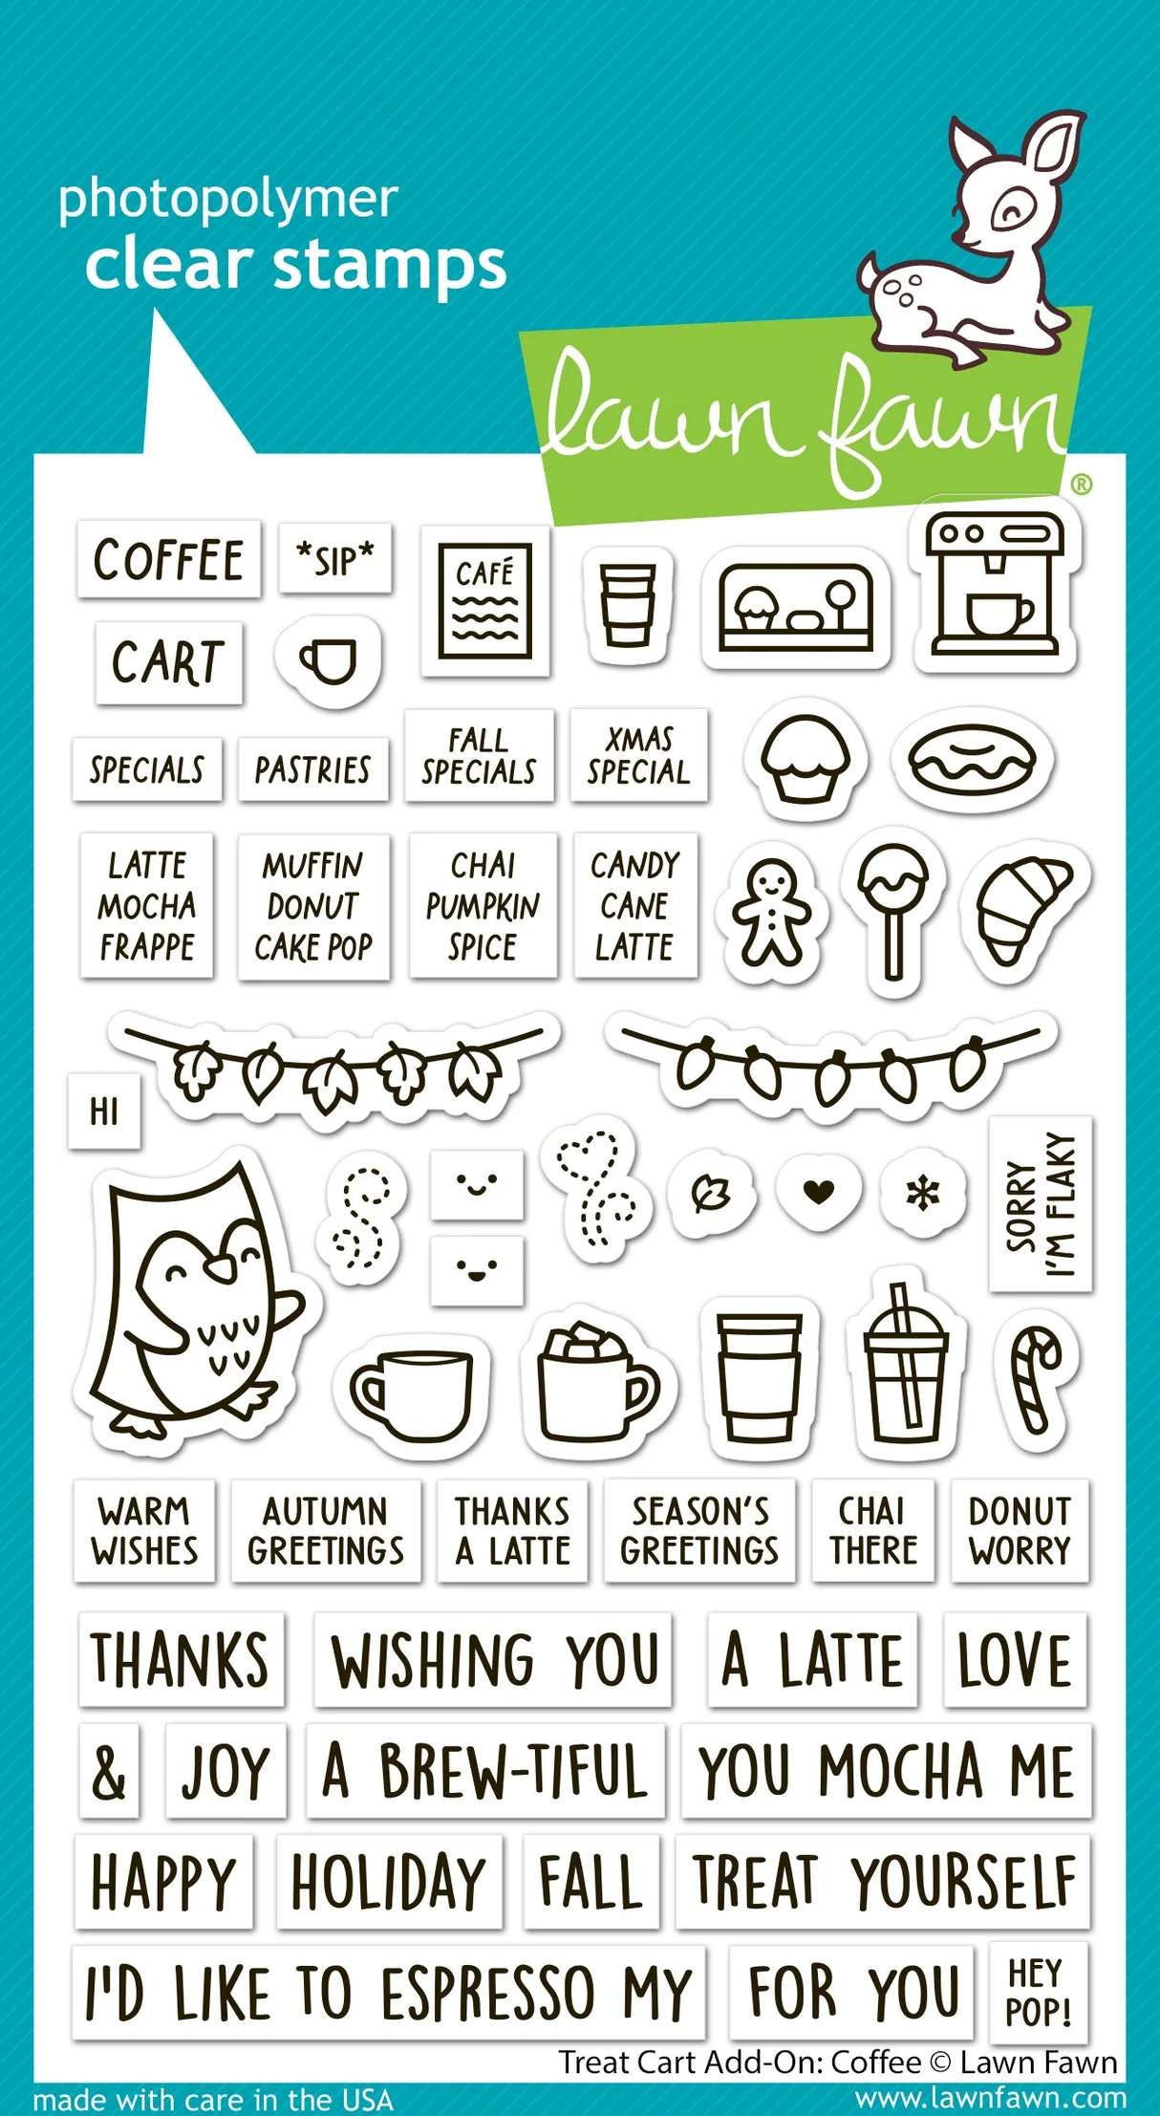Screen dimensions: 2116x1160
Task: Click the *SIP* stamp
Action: pos(335,559)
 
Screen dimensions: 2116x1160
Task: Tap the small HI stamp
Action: pos(104,1112)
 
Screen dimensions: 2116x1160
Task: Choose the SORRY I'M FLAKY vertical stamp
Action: pos(1041,1203)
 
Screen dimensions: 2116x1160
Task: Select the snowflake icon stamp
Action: pos(923,1192)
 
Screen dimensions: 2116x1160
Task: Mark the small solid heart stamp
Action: pos(819,1191)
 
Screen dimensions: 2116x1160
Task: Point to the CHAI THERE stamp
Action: pos(873,1530)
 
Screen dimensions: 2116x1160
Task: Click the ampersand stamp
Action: pos(109,1771)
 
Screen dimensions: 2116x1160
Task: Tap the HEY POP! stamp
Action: pos(1039,1992)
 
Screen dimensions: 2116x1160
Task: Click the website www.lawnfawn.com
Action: pos(990,2098)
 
